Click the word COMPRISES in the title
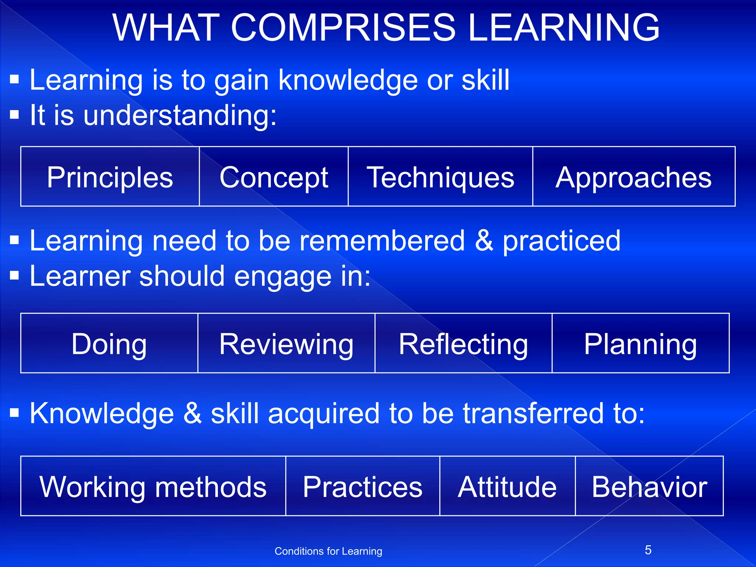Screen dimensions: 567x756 pyautogui.click(x=343, y=28)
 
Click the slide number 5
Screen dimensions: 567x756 pyautogui.click(x=648, y=550)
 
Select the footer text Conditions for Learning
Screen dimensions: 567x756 pyautogui.click(x=328, y=551)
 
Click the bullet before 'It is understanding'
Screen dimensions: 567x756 pyautogui.click(x=14, y=115)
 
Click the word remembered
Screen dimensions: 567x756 pyautogui.click(x=382, y=241)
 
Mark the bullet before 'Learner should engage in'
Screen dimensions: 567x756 pyautogui.click(x=14, y=275)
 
